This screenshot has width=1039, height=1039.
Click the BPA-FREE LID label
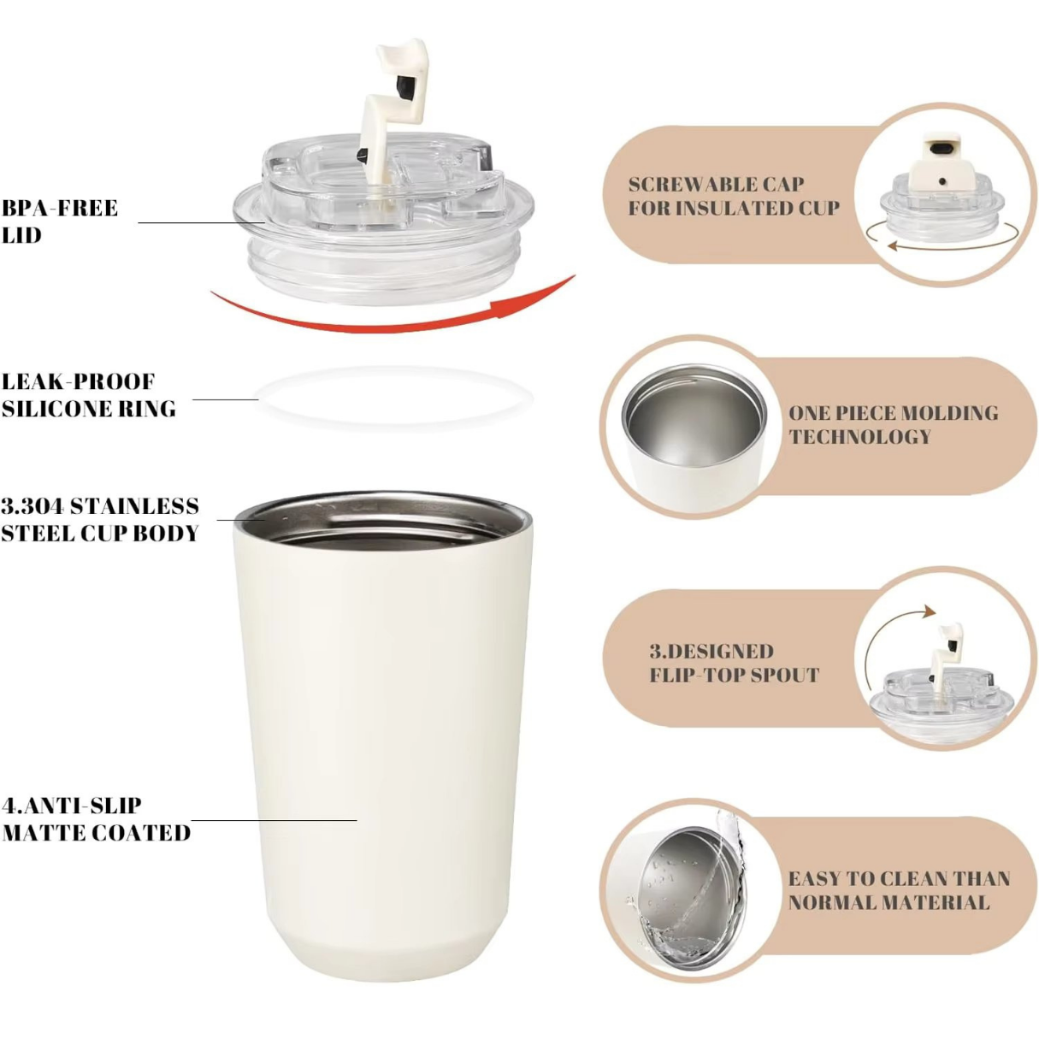[60, 221]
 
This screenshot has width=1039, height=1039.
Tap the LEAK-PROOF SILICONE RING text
[88, 395]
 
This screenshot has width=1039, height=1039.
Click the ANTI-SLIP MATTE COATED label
[96, 818]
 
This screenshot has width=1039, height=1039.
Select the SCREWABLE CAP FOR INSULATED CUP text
[733, 196]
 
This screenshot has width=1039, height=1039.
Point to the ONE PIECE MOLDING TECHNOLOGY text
[893, 424]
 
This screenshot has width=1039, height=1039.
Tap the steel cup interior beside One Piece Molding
[694, 423]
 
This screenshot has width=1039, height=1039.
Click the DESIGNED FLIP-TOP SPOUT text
[734, 663]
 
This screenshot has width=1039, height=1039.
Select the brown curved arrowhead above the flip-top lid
[927, 611]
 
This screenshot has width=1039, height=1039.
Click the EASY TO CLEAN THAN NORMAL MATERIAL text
[898, 890]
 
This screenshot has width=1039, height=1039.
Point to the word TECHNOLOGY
[859, 437]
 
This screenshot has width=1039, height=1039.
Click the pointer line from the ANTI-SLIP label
[274, 820]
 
